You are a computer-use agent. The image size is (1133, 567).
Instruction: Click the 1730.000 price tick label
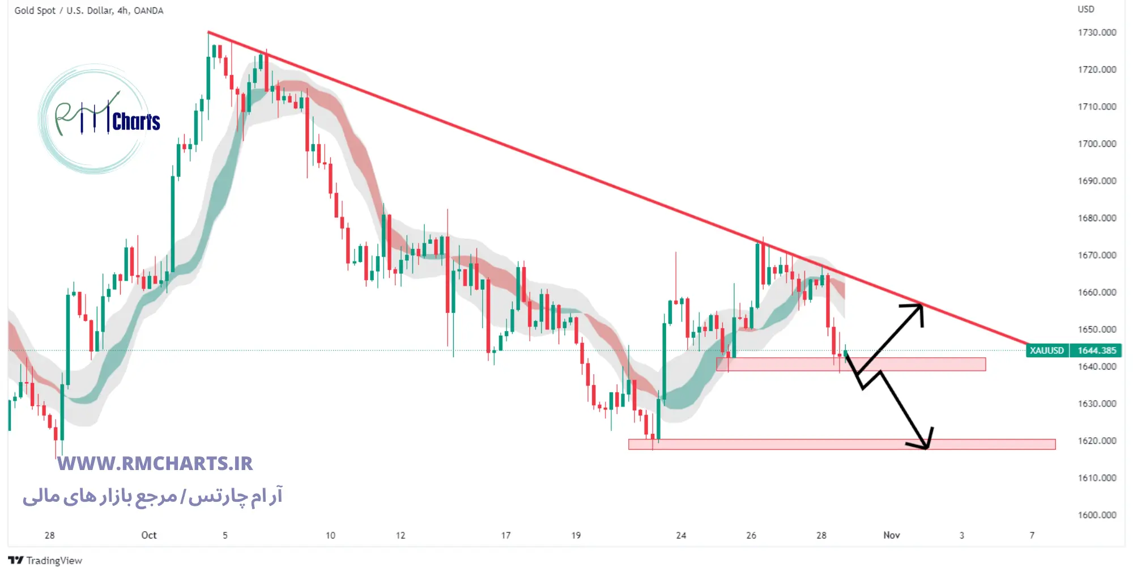[x=1097, y=32]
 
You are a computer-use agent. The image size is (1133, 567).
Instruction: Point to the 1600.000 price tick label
[x=1097, y=515]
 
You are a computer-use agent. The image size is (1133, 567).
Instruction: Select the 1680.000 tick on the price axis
[x=1097, y=218]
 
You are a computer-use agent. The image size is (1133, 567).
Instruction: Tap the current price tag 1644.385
[x=1097, y=350]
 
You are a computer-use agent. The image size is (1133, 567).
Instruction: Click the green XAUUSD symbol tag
[x=1046, y=350]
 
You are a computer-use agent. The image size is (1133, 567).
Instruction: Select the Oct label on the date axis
[x=149, y=535]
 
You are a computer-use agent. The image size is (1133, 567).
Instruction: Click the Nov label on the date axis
[x=891, y=535]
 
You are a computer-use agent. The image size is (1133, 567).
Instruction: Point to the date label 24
[x=681, y=535]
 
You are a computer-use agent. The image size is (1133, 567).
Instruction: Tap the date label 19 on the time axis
[x=576, y=535]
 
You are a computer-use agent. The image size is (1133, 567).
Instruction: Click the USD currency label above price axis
[x=1085, y=9]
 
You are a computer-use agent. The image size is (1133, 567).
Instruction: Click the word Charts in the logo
[x=136, y=122]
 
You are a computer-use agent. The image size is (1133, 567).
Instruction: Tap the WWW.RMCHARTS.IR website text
[x=155, y=464]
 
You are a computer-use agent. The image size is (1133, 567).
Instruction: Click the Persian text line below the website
[x=152, y=497]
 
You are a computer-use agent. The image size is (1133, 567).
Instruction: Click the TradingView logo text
[x=54, y=560]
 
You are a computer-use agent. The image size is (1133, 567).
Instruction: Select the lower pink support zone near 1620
[x=841, y=445]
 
